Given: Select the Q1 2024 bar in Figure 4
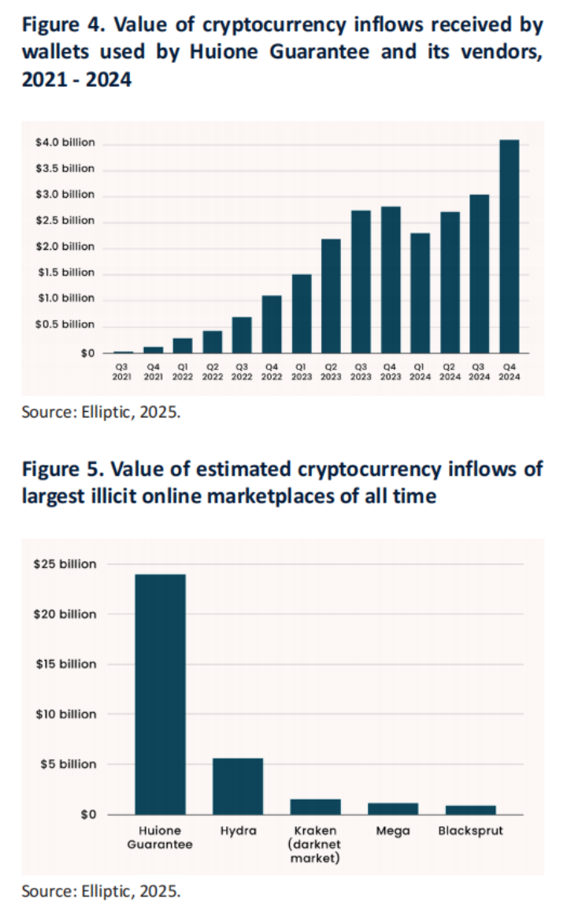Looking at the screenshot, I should click(x=420, y=293).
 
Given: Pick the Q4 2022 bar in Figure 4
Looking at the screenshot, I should click(x=272, y=324).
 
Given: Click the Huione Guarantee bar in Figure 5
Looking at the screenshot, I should click(x=161, y=694).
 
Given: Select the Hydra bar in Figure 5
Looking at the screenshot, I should click(x=238, y=785).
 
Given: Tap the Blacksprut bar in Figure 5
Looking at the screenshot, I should click(x=470, y=809).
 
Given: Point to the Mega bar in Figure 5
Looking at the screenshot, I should click(x=393, y=808).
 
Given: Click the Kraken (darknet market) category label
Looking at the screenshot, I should click(x=315, y=844).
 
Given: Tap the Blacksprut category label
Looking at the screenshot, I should click(x=470, y=831).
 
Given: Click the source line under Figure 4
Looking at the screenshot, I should click(x=101, y=411).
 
